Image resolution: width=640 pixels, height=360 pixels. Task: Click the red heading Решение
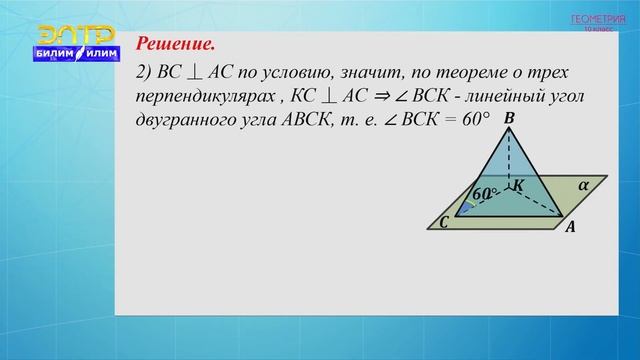(x=175, y=45)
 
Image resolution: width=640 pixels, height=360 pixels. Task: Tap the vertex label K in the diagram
(x=518, y=186)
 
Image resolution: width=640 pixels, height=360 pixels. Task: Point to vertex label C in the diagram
(x=443, y=223)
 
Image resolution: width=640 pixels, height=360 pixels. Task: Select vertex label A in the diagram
(x=570, y=228)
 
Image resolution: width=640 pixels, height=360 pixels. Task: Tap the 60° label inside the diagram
(x=485, y=193)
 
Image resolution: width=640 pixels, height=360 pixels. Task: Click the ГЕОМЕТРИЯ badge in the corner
(x=594, y=19)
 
